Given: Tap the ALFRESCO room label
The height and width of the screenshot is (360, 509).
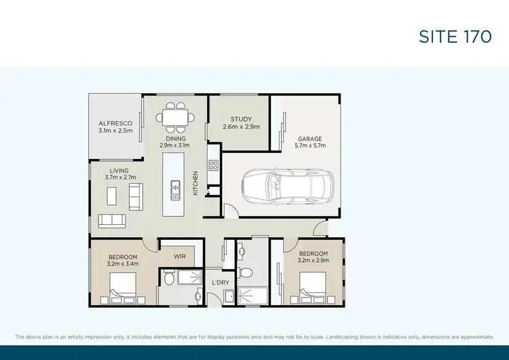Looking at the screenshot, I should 114,123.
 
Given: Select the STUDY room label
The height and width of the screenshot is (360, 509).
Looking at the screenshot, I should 240,119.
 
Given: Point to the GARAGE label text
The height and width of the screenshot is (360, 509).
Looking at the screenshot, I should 309,138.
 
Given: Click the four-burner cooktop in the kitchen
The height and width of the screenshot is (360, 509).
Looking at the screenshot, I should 213,165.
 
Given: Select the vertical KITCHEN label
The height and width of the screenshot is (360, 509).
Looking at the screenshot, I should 195,183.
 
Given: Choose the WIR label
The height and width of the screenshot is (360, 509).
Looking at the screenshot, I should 180,257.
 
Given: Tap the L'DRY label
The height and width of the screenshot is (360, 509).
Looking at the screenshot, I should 219,282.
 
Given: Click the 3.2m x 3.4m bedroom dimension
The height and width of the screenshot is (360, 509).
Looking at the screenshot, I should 123,264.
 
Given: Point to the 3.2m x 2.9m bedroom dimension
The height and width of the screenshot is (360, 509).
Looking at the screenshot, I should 313,260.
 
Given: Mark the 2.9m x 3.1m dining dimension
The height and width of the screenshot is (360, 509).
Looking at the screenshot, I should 174,145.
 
